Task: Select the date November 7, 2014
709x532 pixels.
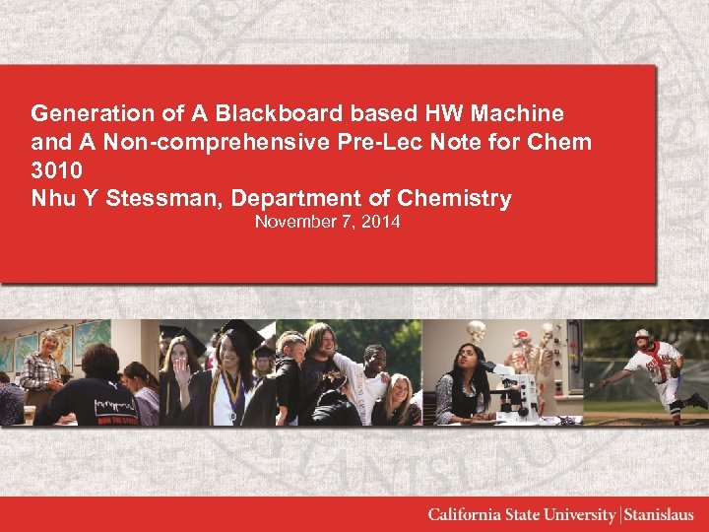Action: click(327, 222)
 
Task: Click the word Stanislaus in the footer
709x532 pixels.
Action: click(659, 515)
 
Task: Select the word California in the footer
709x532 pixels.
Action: click(464, 515)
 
